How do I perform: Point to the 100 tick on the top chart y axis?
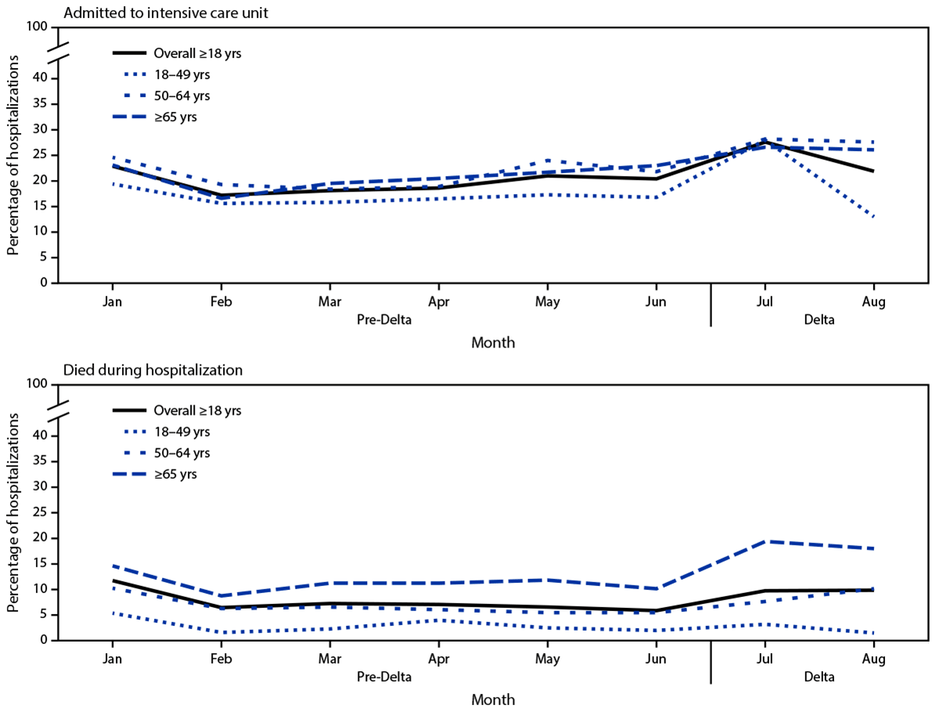(x=40, y=27)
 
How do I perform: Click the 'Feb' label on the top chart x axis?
(x=221, y=302)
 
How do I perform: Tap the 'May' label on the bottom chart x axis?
(x=547, y=660)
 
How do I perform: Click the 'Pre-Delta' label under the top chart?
(x=384, y=320)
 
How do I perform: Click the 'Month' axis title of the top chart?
(x=493, y=342)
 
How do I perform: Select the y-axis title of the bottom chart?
(x=13, y=512)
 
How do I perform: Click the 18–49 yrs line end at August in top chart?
(x=873, y=217)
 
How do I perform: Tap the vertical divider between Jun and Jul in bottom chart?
(x=711, y=661)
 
